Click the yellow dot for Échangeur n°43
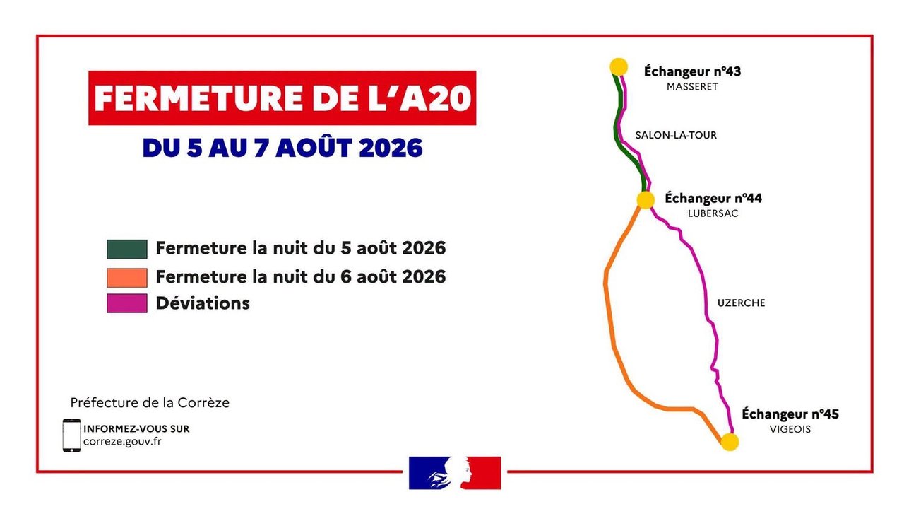pos(618,67)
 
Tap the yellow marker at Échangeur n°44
pos(646,200)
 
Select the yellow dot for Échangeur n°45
pos(730,442)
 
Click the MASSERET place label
pos(692,87)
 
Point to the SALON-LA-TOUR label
pos(676,135)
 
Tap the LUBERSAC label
pos(713,213)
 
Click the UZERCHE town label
pos(741,303)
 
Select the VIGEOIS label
pos(790,429)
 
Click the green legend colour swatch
pos(126,249)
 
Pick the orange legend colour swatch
pos(126,278)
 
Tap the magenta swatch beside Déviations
pos(126,303)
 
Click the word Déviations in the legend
pos(203,303)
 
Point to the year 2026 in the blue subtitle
pos(391,148)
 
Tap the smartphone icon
pos(71,435)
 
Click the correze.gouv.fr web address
pos(122,441)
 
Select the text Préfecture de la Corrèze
pos(150,403)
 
